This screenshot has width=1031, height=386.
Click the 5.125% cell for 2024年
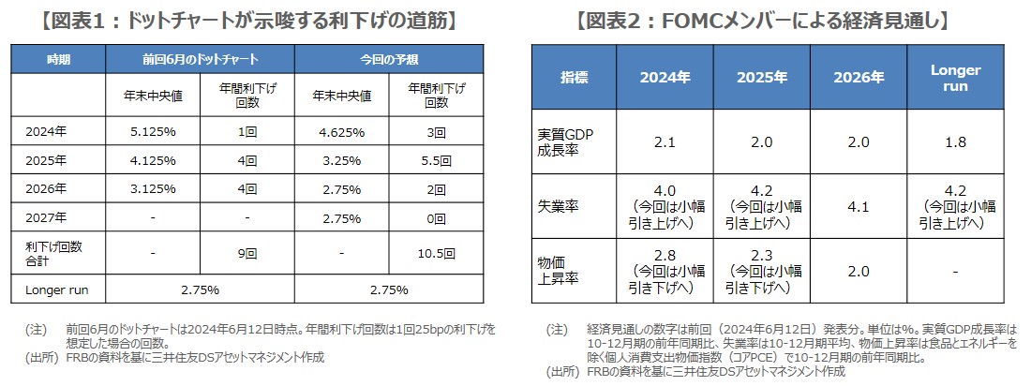(x=153, y=132)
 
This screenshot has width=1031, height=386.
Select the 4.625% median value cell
(x=341, y=132)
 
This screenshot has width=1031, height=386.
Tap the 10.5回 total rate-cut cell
(x=436, y=253)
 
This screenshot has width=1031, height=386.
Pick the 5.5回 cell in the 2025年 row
(x=436, y=159)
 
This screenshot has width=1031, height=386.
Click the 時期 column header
(x=58, y=59)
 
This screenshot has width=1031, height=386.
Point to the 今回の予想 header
(x=388, y=59)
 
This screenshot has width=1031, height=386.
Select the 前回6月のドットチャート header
(x=200, y=59)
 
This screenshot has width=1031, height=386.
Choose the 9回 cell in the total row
(x=247, y=253)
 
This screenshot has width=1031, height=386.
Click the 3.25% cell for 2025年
(x=341, y=159)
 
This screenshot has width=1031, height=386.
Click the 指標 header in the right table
(x=575, y=78)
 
